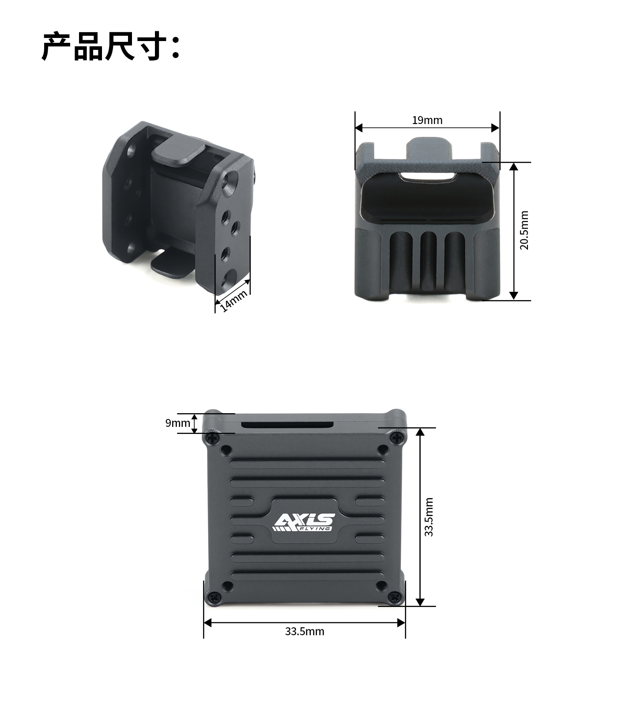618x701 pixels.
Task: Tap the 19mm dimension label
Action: click(427, 120)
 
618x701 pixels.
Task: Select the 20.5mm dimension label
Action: click(524, 230)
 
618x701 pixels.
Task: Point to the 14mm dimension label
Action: click(234, 301)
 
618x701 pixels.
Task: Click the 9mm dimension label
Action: click(177, 423)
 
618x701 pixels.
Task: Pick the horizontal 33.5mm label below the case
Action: click(305, 631)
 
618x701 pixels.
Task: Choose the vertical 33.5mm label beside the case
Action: click(429, 517)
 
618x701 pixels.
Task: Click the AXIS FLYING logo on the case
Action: click(304, 522)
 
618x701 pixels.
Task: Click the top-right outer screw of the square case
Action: click(397, 437)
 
